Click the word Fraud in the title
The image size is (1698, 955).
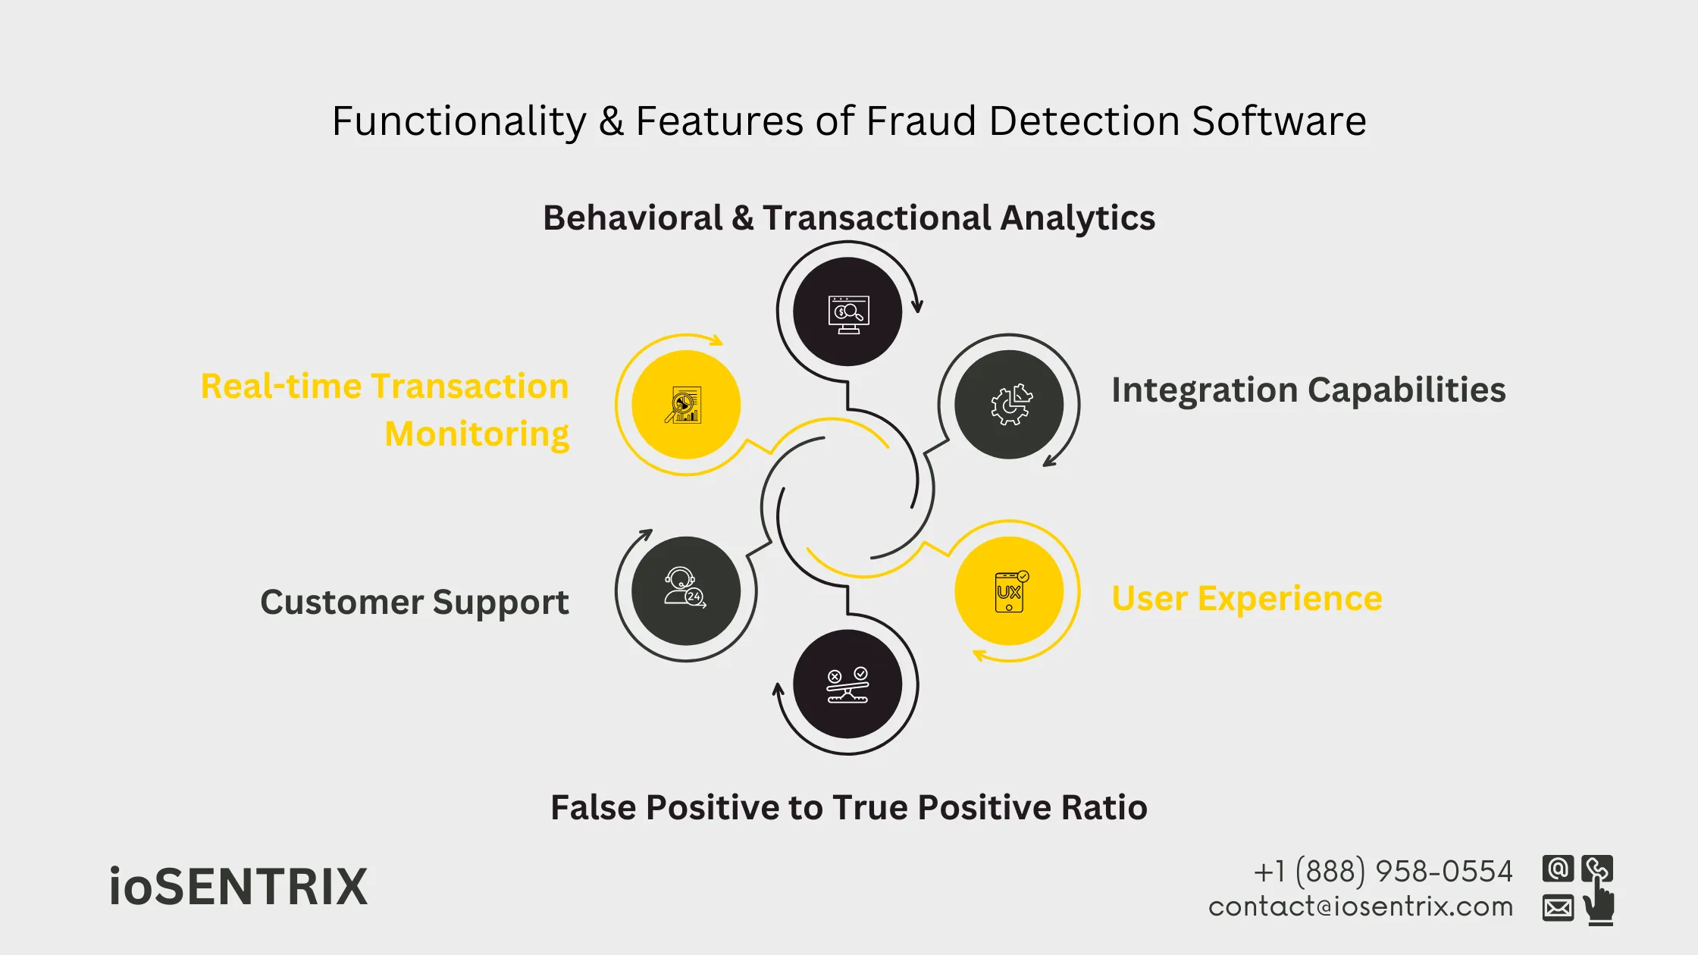[x=921, y=121]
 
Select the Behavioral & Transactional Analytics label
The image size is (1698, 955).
[x=849, y=218]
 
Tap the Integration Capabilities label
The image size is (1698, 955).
[x=1308, y=390]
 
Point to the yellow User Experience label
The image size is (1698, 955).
[x=1247, y=599]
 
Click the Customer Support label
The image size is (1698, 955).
[x=414, y=603]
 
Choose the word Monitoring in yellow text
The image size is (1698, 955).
[x=477, y=435]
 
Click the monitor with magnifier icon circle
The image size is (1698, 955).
[x=847, y=312]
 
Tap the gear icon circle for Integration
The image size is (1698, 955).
[x=1009, y=405]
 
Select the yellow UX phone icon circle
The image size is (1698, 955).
[x=1009, y=591]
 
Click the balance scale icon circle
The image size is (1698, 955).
[x=847, y=684]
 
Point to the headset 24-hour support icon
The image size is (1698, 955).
[x=686, y=591]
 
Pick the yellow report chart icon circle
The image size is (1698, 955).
[x=686, y=405]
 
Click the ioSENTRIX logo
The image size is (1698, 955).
[x=238, y=887]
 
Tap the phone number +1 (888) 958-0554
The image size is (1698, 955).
[x=1383, y=872]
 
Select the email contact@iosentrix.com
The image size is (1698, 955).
[x=1361, y=907]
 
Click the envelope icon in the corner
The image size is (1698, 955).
[x=1558, y=907]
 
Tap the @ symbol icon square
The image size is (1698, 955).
[x=1558, y=869]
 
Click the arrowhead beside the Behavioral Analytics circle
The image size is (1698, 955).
[x=917, y=305]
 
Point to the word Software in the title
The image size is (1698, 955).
[x=1279, y=121]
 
